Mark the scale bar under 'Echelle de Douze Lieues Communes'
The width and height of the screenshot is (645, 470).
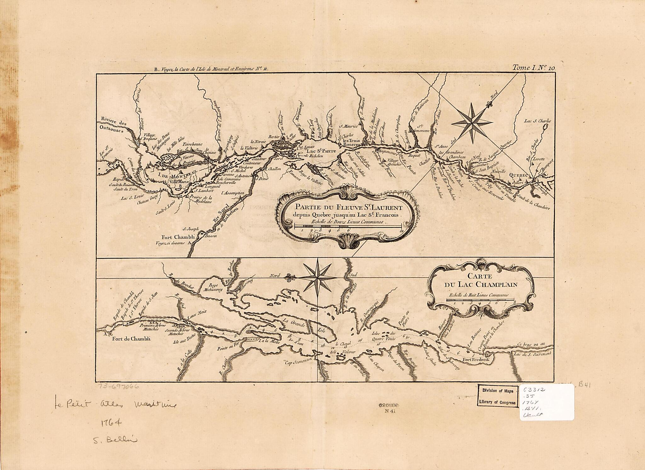348,226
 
